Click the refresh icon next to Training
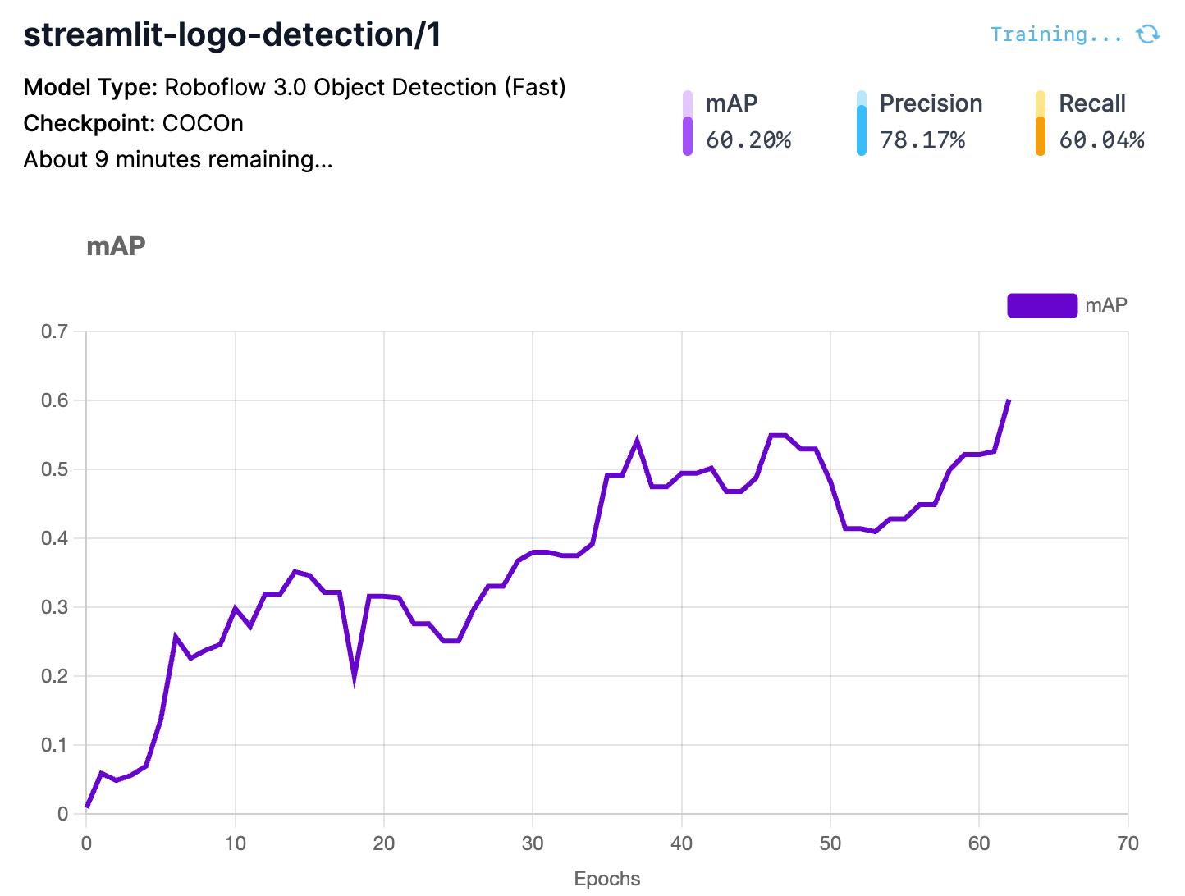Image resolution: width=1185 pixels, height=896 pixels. click(x=1147, y=34)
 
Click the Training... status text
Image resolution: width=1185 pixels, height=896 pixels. click(x=1055, y=34)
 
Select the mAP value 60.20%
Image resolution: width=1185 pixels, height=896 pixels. click(x=748, y=140)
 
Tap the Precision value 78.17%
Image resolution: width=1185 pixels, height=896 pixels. click(x=922, y=140)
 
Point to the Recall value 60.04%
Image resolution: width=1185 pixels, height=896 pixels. click(x=1101, y=140)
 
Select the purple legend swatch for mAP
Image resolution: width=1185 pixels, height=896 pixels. click(x=1041, y=305)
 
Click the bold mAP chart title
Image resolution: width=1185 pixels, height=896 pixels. click(x=116, y=246)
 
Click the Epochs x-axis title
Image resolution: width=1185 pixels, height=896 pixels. click(x=606, y=879)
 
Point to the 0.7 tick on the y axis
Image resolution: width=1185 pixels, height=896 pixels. click(x=55, y=331)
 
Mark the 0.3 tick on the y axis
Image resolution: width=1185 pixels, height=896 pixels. click(x=55, y=607)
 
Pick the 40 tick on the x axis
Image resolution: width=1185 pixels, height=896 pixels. click(x=681, y=843)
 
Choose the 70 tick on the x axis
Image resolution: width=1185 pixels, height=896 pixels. click(x=1128, y=843)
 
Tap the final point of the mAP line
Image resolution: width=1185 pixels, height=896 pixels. click(x=1009, y=400)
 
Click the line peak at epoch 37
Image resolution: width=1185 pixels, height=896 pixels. click(x=637, y=441)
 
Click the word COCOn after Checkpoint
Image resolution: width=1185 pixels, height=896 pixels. click(x=203, y=123)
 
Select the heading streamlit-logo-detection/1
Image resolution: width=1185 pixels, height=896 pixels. click(x=232, y=35)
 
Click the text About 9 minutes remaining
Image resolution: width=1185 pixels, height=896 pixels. click(x=178, y=159)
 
